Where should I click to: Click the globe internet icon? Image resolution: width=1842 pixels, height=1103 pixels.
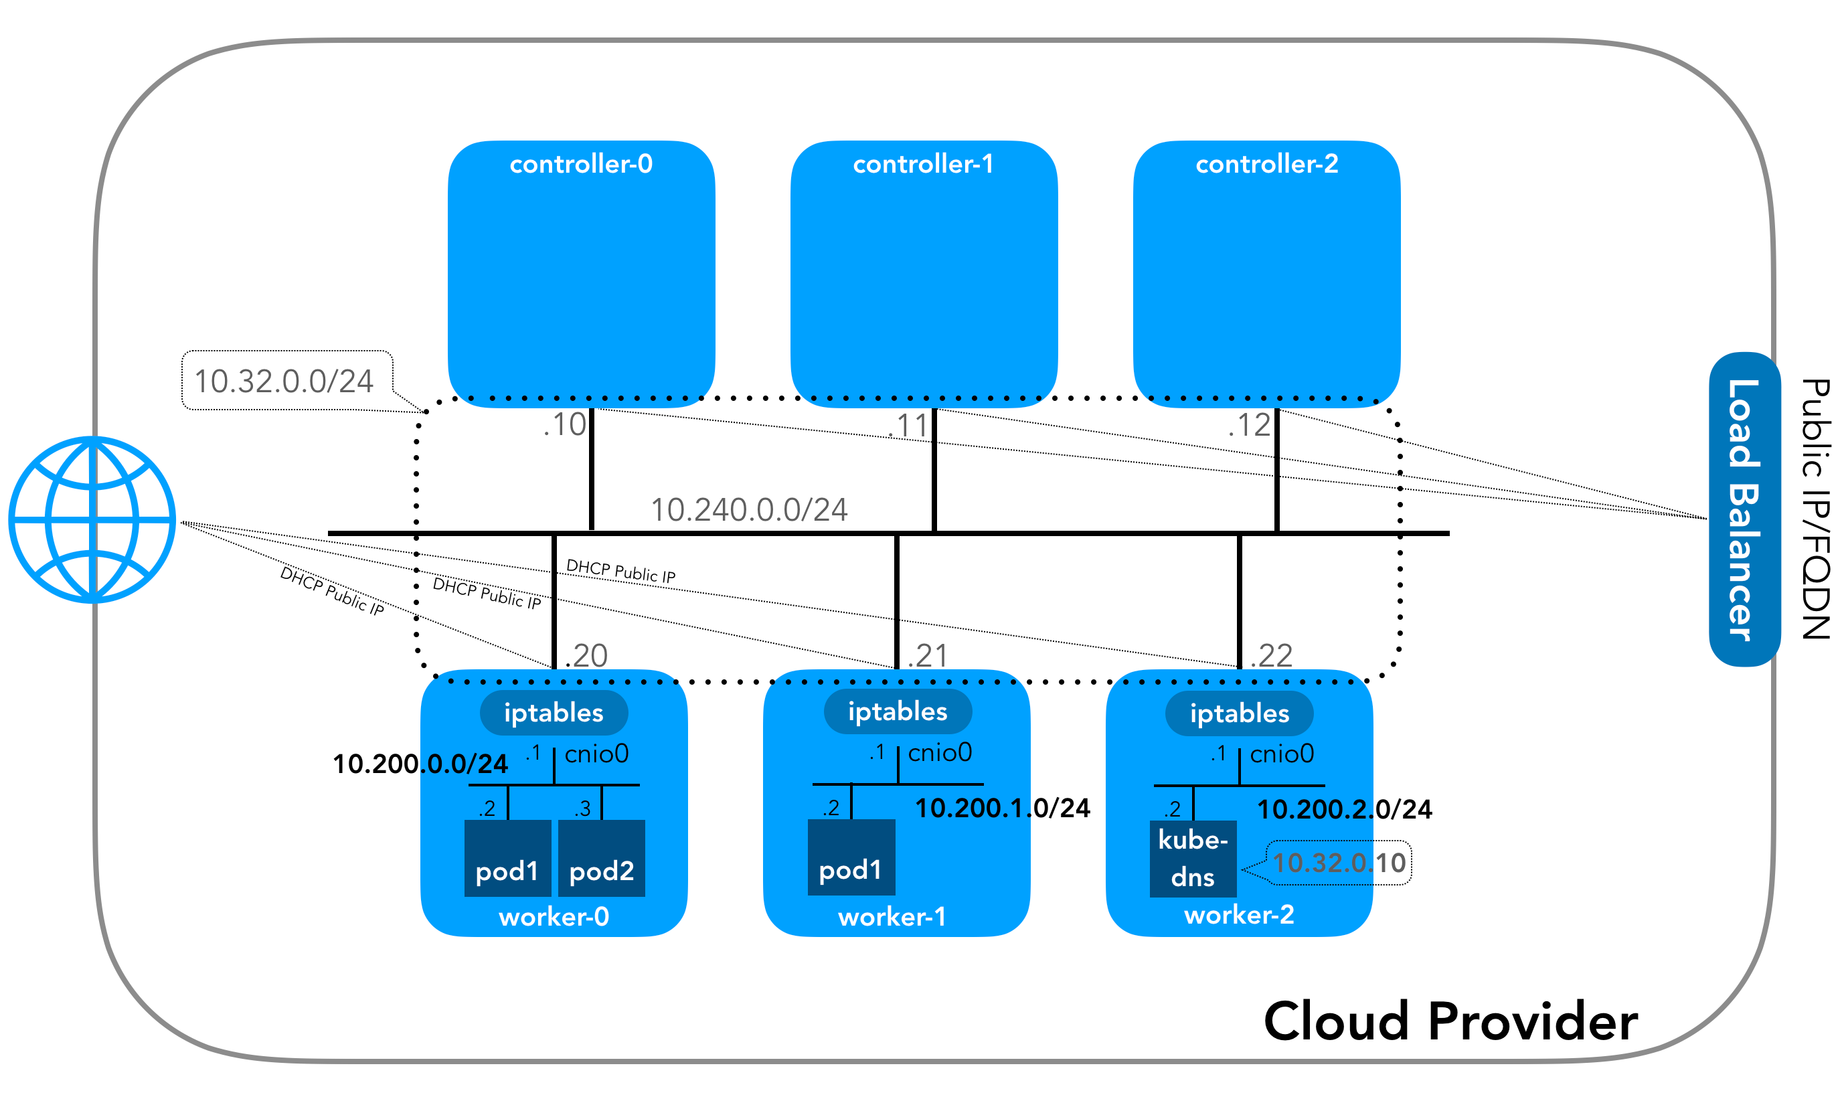[x=92, y=519]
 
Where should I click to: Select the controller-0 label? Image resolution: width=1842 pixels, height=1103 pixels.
[x=581, y=163]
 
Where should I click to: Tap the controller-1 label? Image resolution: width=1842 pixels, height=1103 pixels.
[x=923, y=163]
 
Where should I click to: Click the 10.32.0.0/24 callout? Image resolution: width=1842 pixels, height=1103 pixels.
[x=287, y=381]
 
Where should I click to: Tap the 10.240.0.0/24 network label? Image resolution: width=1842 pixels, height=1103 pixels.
[x=749, y=510]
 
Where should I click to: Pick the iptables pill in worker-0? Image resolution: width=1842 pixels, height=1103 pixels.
[x=554, y=713]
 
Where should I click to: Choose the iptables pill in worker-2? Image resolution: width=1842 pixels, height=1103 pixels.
[x=1239, y=713]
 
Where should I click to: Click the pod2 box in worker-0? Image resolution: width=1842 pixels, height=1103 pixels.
[x=601, y=859]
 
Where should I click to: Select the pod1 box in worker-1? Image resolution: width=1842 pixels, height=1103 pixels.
[x=851, y=858]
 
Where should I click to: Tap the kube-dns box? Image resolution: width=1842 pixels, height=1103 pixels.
[x=1193, y=859]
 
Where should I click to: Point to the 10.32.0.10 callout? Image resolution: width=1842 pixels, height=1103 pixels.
[x=1339, y=863]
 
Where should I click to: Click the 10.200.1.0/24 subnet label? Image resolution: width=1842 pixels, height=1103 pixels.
[x=1003, y=808]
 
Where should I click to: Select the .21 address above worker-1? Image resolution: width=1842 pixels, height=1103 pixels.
[x=928, y=655]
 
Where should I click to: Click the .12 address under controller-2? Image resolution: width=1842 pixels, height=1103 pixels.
[x=1250, y=425]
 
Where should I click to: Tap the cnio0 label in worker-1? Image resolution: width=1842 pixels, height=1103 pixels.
[x=940, y=753]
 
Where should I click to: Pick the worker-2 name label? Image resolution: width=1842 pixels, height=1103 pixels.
[x=1239, y=915]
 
